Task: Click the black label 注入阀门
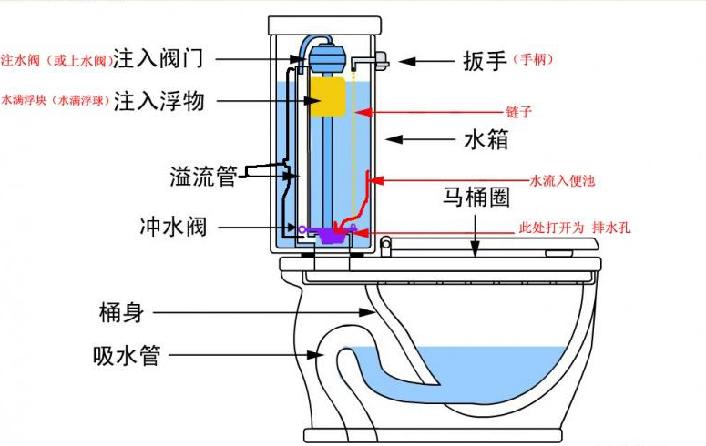coord(170,59)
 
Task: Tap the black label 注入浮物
coord(170,101)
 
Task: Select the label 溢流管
coord(202,177)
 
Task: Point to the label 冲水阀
coord(172,226)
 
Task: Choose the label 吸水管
coord(127,355)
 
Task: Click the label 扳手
coord(484,61)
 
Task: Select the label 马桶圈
coord(476,198)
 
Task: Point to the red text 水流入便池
coord(562,180)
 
